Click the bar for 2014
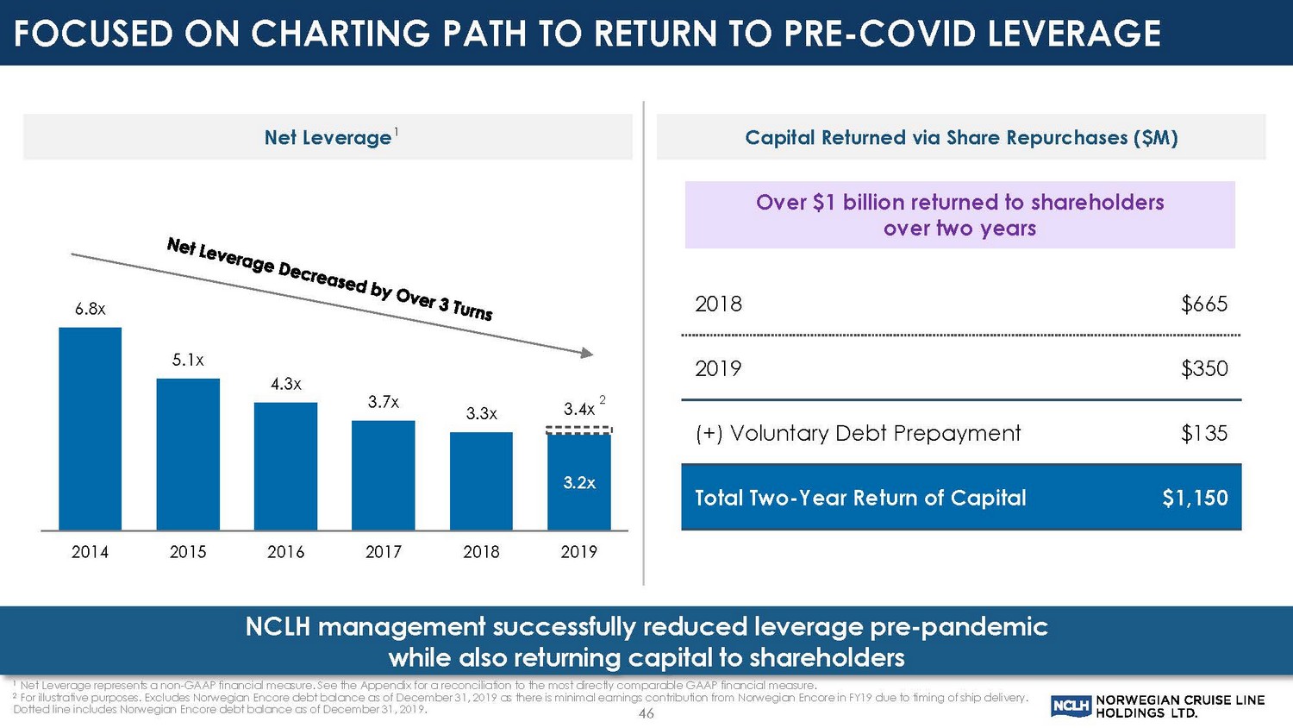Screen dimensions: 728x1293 pyautogui.click(x=90, y=429)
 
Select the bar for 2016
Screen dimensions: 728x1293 pyautogui.click(x=285, y=466)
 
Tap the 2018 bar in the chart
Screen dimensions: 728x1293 pyautogui.click(x=481, y=480)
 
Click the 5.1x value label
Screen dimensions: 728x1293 pyautogui.click(x=188, y=361)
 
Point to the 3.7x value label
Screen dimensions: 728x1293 pyautogui.click(x=384, y=402)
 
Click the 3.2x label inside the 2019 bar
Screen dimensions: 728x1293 pyautogui.click(x=579, y=483)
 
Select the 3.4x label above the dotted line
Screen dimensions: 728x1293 pyautogui.click(x=579, y=410)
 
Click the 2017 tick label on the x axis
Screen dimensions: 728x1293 pyautogui.click(x=384, y=552)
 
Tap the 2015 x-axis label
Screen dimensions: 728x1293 pyautogui.click(x=188, y=552)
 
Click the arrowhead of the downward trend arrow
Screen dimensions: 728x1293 pyautogui.click(x=587, y=353)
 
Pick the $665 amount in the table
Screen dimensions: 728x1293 pyautogui.click(x=1204, y=304)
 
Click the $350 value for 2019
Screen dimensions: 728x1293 pyautogui.click(x=1204, y=369)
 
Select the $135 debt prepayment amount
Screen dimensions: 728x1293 pyautogui.click(x=1204, y=434)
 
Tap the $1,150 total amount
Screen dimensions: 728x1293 pyautogui.click(x=1195, y=499)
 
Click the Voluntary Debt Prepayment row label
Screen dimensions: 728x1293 pyautogui.click(x=858, y=434)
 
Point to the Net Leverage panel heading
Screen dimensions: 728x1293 pyautogui.click(x=328, y=138)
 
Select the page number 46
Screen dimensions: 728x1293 pyautogui.click(x=646, y=714)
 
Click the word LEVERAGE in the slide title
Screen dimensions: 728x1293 pyautogui.click(x=1074, y=35)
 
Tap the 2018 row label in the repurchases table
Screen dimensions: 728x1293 pyautogui.click(x=718, y=304)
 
